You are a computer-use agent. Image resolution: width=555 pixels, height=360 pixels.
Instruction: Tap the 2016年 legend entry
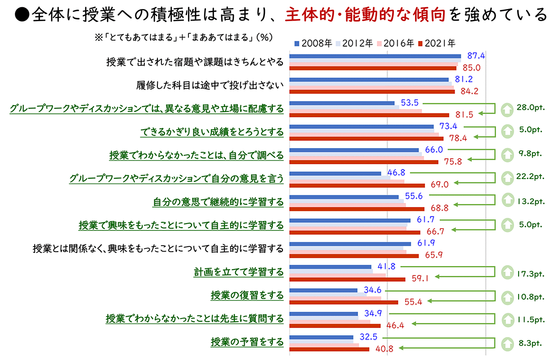[395, 44]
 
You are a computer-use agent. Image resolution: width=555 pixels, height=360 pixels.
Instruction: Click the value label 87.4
[476, 56]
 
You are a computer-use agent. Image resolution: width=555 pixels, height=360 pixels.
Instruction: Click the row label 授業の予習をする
[247, 342]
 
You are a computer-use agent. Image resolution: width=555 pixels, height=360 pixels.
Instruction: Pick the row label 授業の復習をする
[247, 296]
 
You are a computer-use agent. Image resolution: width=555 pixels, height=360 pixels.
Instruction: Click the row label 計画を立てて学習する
[239, 272]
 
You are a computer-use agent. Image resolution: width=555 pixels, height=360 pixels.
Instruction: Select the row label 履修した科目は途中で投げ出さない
[210, 85]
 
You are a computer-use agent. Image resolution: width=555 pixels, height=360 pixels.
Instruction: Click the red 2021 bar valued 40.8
[329, 349]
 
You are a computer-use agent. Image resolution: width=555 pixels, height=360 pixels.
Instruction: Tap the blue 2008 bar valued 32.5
[321, 337]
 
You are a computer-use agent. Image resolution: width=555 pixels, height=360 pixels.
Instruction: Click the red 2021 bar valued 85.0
[373, 68]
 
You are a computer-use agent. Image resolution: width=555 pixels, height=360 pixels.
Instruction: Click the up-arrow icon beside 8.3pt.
[507, 343]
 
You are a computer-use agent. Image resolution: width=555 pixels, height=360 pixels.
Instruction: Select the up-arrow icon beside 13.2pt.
[507, 200]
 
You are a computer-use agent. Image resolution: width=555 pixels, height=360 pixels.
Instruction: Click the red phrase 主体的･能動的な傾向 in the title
[365, 15]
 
